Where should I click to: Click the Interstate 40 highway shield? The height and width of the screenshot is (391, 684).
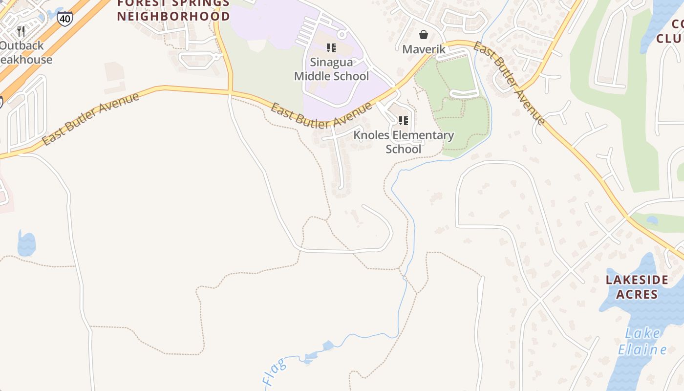click(x=64, y=18)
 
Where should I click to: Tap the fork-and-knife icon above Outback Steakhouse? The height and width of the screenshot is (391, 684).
click(x=21, y=31)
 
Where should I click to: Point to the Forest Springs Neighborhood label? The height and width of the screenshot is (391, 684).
click(x=173, y=10)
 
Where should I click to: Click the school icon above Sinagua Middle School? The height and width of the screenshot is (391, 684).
click(x=331, y=48)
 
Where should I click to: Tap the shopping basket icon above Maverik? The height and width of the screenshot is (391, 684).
click(x=424, y=35)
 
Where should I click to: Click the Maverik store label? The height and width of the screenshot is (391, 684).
click(x=424, y=49)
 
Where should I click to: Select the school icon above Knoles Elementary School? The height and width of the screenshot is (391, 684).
click(x=403, y=120)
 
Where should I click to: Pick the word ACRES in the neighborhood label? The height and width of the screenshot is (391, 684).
click(x=637, y=294)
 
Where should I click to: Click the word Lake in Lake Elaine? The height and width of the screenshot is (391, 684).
click(x=642, y=334)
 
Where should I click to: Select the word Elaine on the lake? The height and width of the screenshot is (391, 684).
click(x=642, y=349)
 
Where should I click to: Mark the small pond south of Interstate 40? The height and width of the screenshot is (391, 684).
click(x=26, y=243)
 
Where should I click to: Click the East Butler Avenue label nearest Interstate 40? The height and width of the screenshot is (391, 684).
click(x=90, y=118)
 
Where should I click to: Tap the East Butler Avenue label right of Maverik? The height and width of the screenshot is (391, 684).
click(x=509, y=83)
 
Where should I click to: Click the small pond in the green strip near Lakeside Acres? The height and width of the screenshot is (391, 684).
click(x=652, y=220)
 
